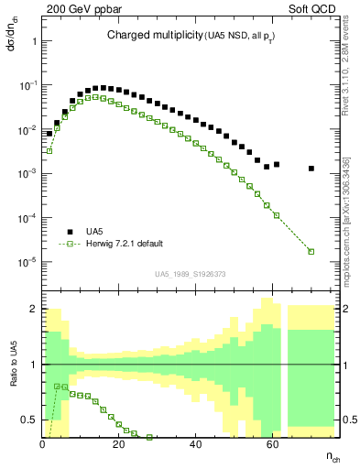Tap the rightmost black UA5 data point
(311, 169)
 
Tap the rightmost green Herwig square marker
(311, 252)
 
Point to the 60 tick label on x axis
(272, 444)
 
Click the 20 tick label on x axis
(118, 444)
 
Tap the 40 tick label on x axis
(195, 444)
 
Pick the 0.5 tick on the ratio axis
(29, 420)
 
